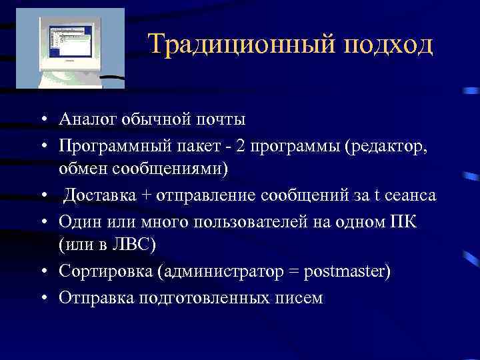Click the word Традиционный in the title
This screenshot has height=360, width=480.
pyautogui.click(x=240, y=45)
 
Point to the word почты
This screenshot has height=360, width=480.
pyautogui.click(x=221, y=119)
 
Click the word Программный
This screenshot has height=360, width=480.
pyautogui.click(x=104, y=145)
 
